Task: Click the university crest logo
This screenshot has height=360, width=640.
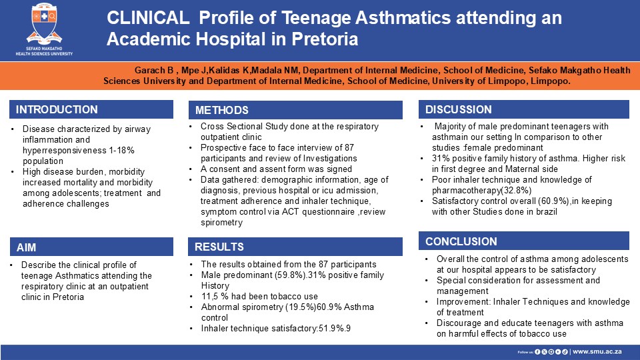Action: coord(44,24)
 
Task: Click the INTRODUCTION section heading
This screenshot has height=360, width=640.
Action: coord(57,109)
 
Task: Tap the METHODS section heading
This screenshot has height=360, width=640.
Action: coord(221,110)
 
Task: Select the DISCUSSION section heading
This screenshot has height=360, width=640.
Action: coord(459,109)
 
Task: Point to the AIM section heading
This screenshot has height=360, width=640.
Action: coord(26,247)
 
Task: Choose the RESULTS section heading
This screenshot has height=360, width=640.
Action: coord(219,247)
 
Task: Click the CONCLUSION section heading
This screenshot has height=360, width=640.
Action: coord(461,241)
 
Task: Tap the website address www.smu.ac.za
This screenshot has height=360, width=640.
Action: coord(597,351)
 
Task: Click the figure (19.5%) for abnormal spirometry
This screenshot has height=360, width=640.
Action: coord(301,307)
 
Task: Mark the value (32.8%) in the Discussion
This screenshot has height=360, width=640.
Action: coord(516,190)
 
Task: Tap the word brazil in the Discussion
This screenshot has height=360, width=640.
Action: coord(545,211)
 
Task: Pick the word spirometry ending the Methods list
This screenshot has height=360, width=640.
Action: coord(221,223)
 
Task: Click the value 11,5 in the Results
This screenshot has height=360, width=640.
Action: coord(210,296)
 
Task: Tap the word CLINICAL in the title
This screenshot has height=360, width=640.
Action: coord(148,18)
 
